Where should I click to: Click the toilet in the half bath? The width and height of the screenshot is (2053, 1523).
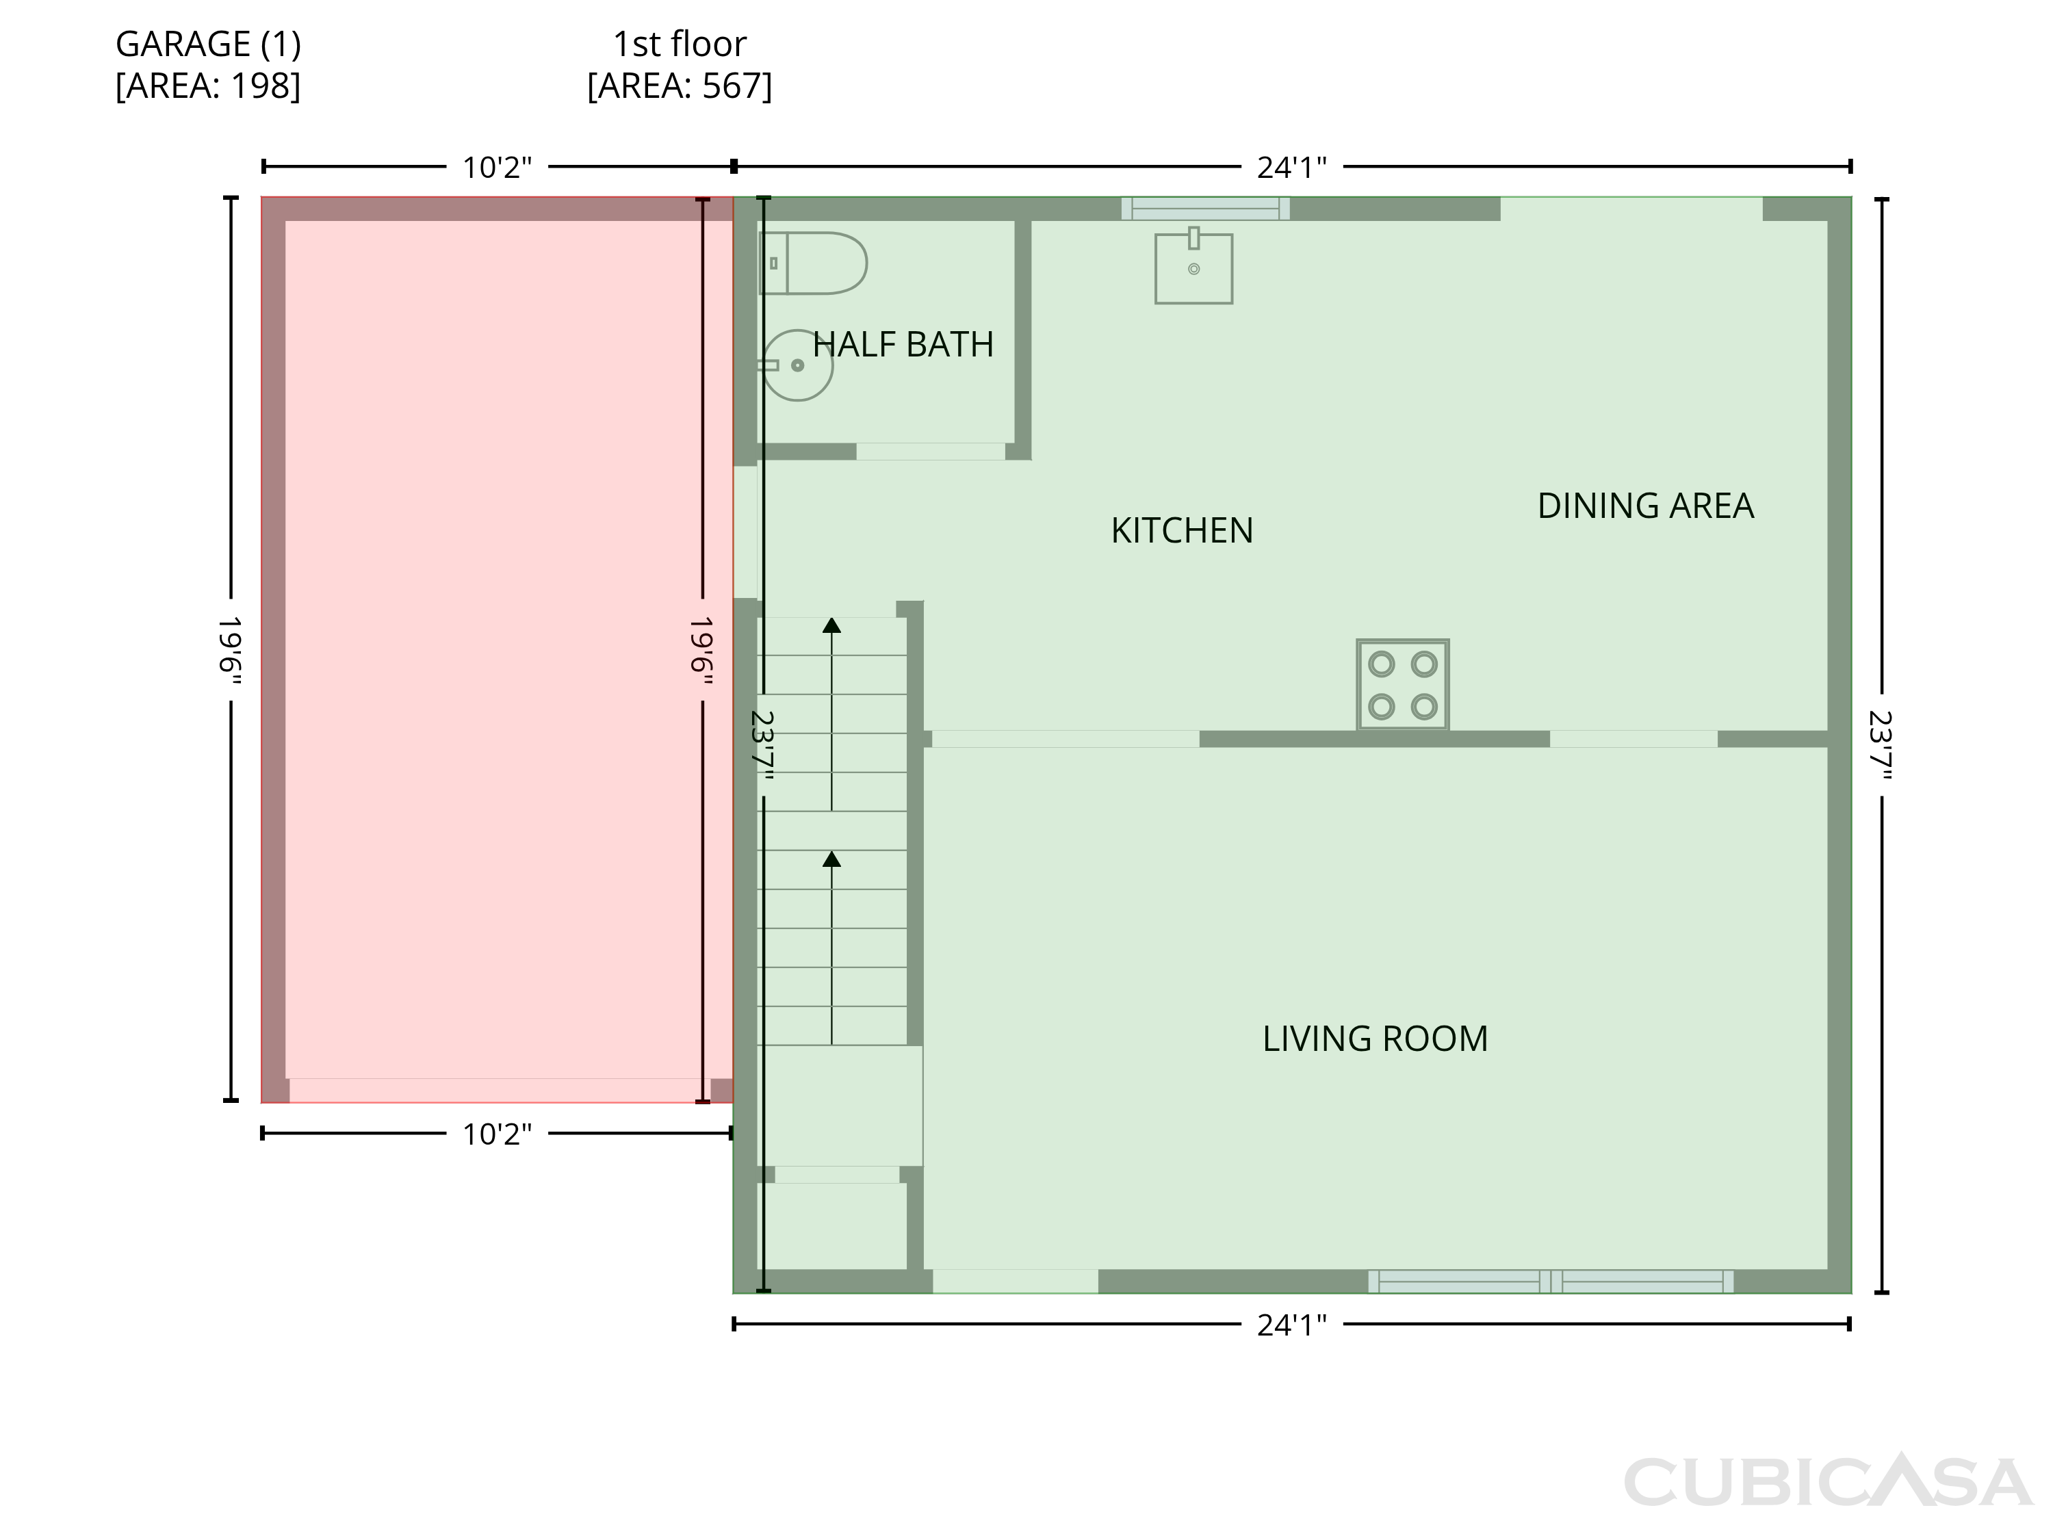(x=812, y=263)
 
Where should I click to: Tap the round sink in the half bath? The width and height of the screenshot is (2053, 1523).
(x=797, y=365)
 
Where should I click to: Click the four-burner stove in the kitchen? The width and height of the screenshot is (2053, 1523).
(x=1402, y=685)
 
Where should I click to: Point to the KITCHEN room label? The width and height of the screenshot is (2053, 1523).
(x=1182, y=531)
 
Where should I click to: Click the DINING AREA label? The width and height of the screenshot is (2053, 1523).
(x=1646, y=506)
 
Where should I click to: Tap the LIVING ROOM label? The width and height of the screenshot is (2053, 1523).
(x=1376, y=1039)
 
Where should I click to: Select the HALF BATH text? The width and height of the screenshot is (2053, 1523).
(x=903, y=345)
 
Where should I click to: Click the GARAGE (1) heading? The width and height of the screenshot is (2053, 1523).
(x=208, y=44)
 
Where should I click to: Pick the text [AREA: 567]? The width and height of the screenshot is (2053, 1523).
(x=680, y=86)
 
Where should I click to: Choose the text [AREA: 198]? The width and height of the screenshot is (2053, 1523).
(x=208, y=86)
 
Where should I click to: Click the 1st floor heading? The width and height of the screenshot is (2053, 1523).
(x=680, y=44)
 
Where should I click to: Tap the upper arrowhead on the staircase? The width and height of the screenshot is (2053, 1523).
(x=831, y=625)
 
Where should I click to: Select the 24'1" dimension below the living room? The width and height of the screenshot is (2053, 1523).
(x=1291, y=1325)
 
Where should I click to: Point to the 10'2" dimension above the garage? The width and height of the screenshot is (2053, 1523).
(x=497, y=168)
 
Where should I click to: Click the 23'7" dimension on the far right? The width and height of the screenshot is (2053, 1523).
(x=1880, y=746)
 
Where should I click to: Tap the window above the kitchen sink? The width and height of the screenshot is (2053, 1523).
(x=1205, y=209)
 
